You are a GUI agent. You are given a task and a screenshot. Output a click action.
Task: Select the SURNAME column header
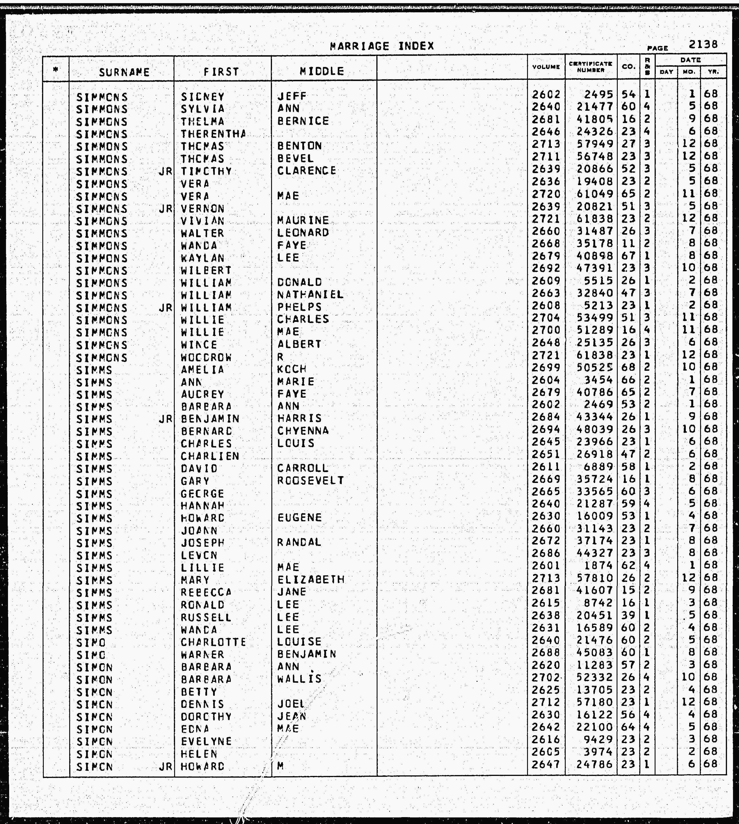point(124,72)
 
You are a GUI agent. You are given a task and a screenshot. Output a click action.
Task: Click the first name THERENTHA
point(213,134)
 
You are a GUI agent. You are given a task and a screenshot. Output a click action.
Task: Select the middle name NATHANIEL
point(310,294)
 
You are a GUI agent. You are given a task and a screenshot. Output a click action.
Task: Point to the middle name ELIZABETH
point(311,580)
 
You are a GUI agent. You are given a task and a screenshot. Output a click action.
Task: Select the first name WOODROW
point(206,357)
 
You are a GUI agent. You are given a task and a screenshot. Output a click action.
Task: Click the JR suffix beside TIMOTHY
point(166,171)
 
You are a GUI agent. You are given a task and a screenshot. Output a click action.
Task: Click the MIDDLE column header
point(322,72)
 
